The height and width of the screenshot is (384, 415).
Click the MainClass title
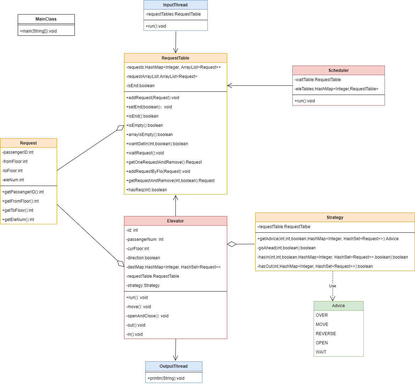(x=46, y=19)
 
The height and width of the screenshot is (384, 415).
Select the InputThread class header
(x=175, y=5)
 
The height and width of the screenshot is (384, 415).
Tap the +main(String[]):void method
(x=38, y=31)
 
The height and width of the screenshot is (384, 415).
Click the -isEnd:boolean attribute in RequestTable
(x=140, y=86)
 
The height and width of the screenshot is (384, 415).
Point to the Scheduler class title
(x=338, y=70)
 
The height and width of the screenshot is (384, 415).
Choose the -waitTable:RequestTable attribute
(x=318, y=80)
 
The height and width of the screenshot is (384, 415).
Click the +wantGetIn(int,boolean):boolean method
(x=157, y=144)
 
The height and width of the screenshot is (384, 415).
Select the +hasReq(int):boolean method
(x=146, y=190)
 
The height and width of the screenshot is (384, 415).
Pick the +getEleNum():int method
(x=18, y=220)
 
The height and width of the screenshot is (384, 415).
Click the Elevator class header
(x=175, y=221)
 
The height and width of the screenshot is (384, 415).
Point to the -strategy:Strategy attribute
(x=143, y=286)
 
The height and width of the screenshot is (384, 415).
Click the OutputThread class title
(x=174, y=366)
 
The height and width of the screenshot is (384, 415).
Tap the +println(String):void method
(x=166, y=378)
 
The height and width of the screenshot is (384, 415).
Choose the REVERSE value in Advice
(x=326, y=334)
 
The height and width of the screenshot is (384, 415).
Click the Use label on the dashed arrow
(x=333, y=286)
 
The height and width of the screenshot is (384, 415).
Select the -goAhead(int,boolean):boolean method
(x=286, y=248)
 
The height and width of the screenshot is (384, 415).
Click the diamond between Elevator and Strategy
(x=232, y=244)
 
